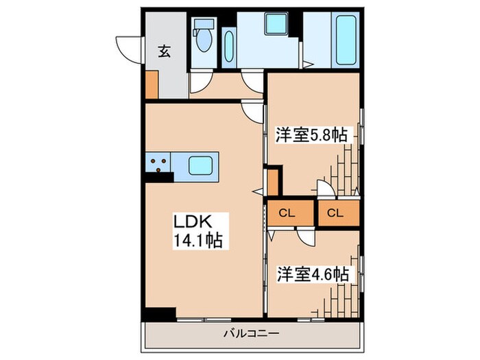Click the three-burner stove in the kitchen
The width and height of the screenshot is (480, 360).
click(x=158, y=165)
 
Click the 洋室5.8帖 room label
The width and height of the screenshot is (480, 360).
click(x=311, y=135)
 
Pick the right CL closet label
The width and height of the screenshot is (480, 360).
click(x=335, y=213)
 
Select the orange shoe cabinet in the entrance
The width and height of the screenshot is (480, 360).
click(x=152, y=83)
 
